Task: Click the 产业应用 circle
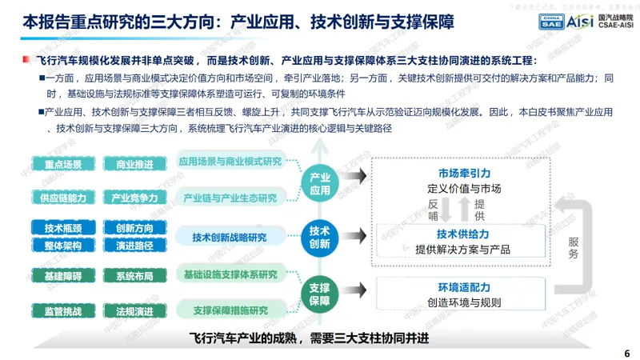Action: pos(319,183)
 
